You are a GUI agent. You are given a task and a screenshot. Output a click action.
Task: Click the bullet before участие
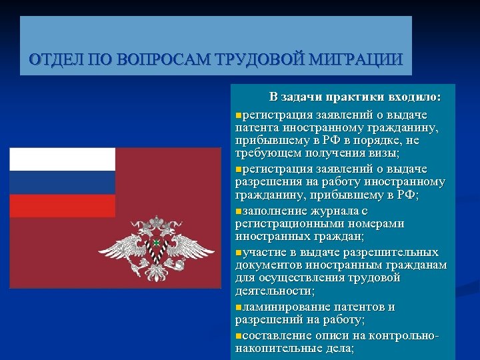239,253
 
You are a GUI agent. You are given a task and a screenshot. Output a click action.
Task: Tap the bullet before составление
239,335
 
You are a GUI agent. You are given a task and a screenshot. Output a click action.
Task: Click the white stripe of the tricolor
62,159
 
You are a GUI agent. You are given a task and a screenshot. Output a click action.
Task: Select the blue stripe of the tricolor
62,182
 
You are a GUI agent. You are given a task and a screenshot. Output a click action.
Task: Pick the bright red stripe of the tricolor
62,205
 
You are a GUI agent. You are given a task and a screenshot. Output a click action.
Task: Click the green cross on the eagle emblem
156,243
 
